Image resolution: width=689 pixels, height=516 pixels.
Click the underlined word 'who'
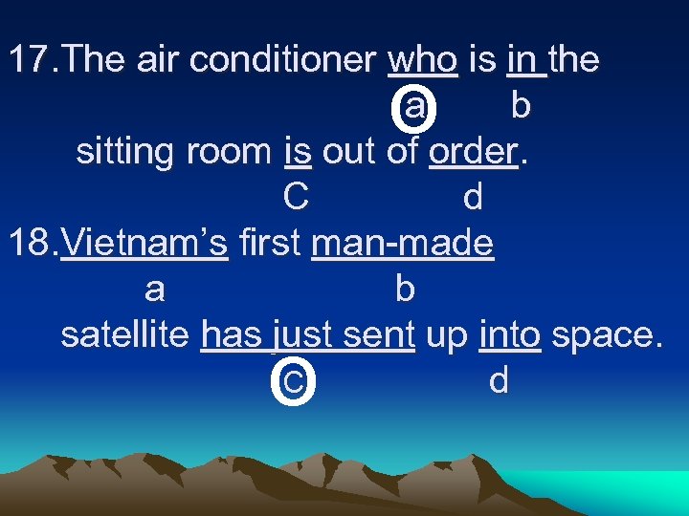[x=423, y=60]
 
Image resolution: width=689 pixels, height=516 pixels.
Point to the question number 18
[x=33, y=244]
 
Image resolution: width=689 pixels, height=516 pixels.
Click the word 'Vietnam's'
[x=144, y=244]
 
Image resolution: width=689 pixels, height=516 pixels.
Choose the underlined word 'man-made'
[x=403, y=244]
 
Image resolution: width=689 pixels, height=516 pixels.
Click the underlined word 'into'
[x=510, y=335]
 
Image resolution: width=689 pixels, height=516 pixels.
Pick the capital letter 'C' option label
[x=295, y=198]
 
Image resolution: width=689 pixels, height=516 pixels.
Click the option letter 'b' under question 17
[x=520, y=106]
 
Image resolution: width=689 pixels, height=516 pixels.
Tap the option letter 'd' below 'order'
[x=472, y=198]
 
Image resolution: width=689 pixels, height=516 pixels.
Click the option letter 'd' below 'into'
[x=499, y=381]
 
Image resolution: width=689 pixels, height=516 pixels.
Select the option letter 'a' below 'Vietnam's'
[x=154, y=290]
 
